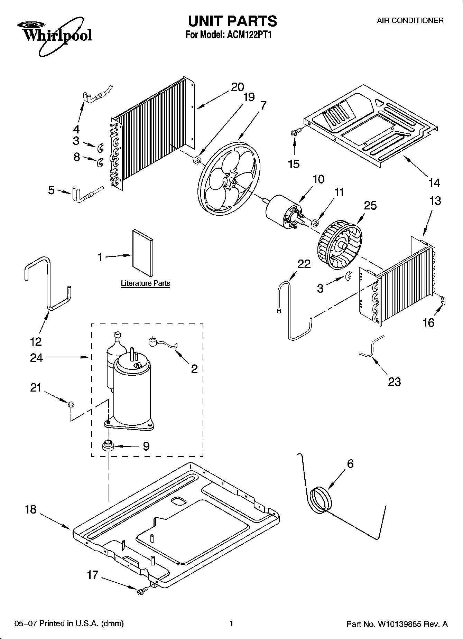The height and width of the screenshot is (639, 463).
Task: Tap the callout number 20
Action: coord(237,87)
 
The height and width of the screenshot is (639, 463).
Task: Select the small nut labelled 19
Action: coord(196,160)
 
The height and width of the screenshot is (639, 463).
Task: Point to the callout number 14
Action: coord(434,183)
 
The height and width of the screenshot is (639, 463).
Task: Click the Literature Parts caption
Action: coord(146,283)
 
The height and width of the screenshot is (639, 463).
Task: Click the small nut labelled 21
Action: coord(70,404)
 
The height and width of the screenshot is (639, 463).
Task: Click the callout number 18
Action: coord(31,509)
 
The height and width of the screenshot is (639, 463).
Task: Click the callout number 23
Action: coord(394,382)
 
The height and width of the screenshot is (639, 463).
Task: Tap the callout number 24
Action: coord(36,358)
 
